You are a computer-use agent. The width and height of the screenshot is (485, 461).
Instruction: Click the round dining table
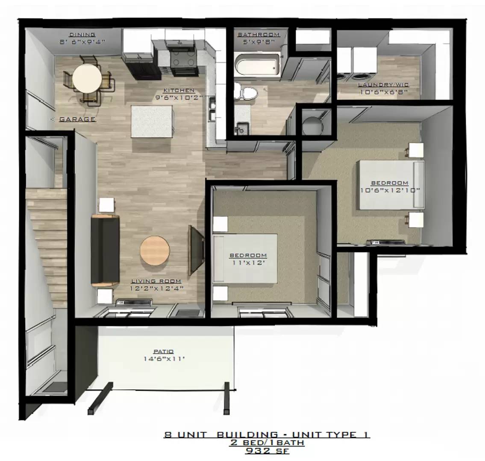87,78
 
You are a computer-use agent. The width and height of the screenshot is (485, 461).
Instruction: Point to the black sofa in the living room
105,251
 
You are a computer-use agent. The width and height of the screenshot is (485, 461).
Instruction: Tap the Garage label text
77,120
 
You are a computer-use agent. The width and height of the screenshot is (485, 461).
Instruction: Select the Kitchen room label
179,90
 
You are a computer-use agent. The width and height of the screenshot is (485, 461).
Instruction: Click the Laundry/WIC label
383,85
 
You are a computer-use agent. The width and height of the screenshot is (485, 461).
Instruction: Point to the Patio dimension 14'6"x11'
164,359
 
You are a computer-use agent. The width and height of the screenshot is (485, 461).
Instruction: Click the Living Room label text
156,281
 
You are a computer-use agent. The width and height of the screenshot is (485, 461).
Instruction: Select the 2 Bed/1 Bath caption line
267,443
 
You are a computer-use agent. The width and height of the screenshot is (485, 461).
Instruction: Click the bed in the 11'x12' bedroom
246,258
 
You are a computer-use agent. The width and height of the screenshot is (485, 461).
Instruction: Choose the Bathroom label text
259,35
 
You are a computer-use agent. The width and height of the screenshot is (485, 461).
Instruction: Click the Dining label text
82,35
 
